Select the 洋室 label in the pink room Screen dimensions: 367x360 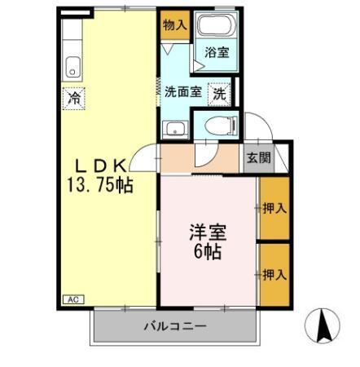click(x=208, y=232)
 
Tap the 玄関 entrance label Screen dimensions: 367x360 click(x=261, y=158)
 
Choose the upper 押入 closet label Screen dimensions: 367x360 click(x=274, y=208)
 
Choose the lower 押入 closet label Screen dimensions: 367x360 click(x=274, y=274)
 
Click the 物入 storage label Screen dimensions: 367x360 click(x=175, y=25)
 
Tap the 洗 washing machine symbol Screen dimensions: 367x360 click(x=220, y=93)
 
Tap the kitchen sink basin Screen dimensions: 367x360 click(x=72, y=65)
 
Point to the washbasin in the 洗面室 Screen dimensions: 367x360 click(x=173, y=128)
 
